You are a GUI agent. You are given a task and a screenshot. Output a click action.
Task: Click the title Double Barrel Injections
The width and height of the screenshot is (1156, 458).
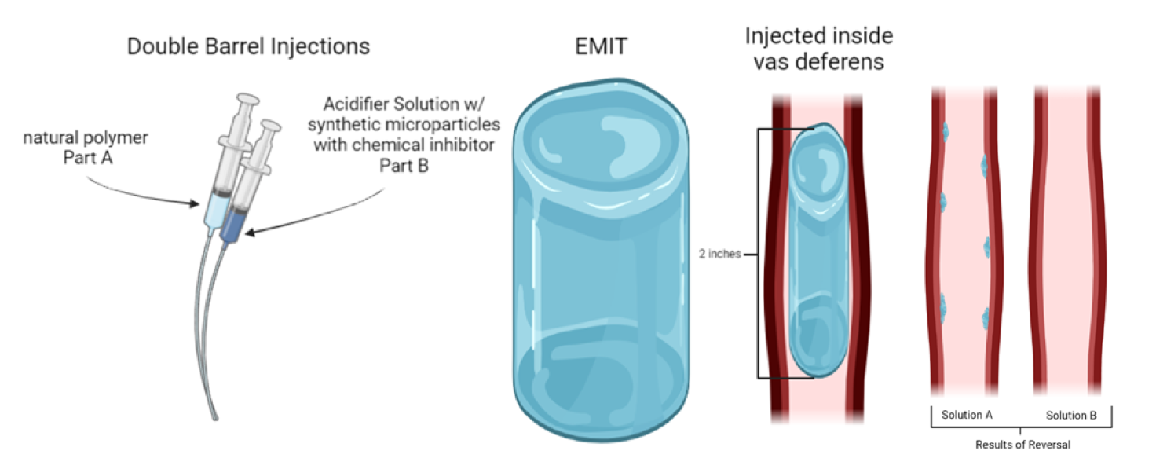[x=248, y=46]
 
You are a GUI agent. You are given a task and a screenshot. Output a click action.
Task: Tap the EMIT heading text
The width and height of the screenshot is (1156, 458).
[x=601, y=46]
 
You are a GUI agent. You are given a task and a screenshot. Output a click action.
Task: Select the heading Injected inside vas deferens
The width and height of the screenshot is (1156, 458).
[x=818, y=48]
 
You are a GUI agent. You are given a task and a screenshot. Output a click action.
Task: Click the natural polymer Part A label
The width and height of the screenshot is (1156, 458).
[x=86, y=148]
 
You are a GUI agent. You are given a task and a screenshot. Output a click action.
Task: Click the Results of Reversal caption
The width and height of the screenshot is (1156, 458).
[x=1022, y=445]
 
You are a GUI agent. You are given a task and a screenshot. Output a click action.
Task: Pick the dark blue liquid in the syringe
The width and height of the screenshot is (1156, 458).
[x=232, y=225]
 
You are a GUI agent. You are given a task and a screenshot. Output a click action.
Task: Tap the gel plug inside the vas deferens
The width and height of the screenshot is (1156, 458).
[x=819, y=251]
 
